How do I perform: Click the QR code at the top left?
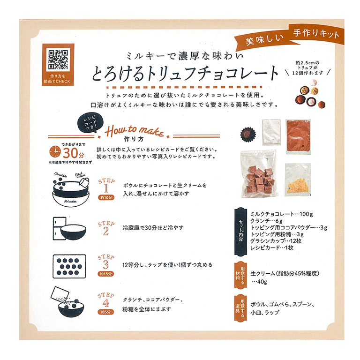pos(58,60)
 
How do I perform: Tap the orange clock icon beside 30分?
pos(55,152)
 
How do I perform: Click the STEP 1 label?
pos(106,186)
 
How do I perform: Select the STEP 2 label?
pos(106,228)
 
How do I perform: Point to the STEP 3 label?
pos(106,262)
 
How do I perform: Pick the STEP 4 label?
pos(106,300)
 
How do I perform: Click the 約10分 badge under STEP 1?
pos(106,197)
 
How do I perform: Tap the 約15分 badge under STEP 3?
pos(106,274)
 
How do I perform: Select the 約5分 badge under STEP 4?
pos(106,312)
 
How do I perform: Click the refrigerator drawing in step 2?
pos(59,228)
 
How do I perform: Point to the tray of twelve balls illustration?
pos(69,266)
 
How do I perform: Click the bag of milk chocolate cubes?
pos(258,174)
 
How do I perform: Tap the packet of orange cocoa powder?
pos(298,136)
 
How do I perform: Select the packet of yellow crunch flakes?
pos(298,180)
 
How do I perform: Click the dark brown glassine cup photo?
pos(248,134)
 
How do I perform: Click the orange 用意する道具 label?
pos(240,307)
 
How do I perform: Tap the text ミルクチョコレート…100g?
pos(281,214)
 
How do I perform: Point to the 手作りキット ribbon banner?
pos(316,34)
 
